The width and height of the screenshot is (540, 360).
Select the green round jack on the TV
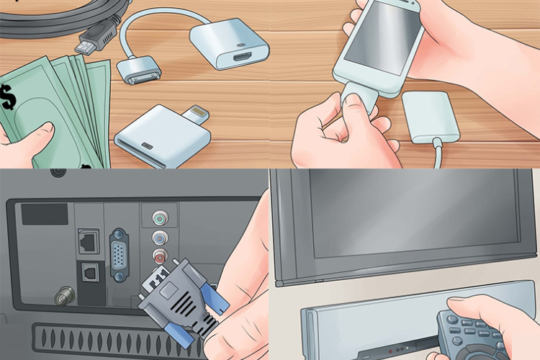point(159,217)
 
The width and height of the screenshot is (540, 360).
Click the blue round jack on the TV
point(159,237)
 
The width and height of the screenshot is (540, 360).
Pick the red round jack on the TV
point(159,255)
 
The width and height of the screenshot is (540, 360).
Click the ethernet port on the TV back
point(89,242)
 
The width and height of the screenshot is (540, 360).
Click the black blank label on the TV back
point(44,213)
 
